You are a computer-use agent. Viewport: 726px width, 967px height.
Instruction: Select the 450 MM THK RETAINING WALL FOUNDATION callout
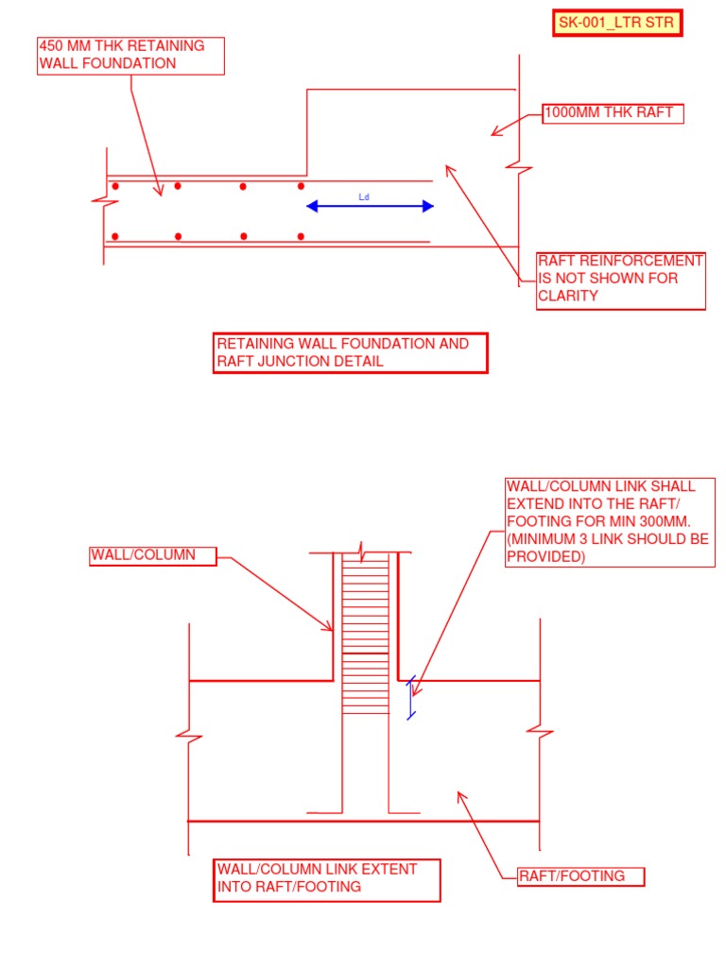(131, 56)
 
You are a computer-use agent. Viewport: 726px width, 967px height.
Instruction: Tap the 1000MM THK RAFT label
(613, 113)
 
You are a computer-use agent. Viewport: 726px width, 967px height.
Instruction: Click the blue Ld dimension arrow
(370, 206)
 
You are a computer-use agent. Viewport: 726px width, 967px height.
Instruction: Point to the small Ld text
(364, 196)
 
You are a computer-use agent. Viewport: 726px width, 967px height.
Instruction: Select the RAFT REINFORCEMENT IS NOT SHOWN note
(621, 280)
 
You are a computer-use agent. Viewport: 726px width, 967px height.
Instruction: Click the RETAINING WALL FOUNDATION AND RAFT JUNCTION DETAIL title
(350, 353)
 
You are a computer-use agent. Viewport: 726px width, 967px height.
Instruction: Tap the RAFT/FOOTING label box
(580, 876)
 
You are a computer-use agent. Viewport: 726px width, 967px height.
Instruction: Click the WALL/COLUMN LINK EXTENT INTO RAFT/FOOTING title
(326, 878)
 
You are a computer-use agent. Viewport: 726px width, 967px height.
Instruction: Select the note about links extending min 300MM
(610, 521)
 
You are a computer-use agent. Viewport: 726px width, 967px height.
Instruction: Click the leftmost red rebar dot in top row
(115, 186)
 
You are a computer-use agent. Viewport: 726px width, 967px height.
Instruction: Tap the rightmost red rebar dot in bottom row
(301, 236)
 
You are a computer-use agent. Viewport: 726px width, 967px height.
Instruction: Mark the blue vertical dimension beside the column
(410, 698)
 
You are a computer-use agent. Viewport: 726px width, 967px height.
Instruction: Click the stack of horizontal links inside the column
(365, 633)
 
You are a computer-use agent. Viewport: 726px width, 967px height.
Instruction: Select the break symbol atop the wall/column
(364, 550)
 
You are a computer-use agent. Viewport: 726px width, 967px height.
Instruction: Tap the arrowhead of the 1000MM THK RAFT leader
(494, 132)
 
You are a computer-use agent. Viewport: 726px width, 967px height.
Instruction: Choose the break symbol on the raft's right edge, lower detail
(539, 731)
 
